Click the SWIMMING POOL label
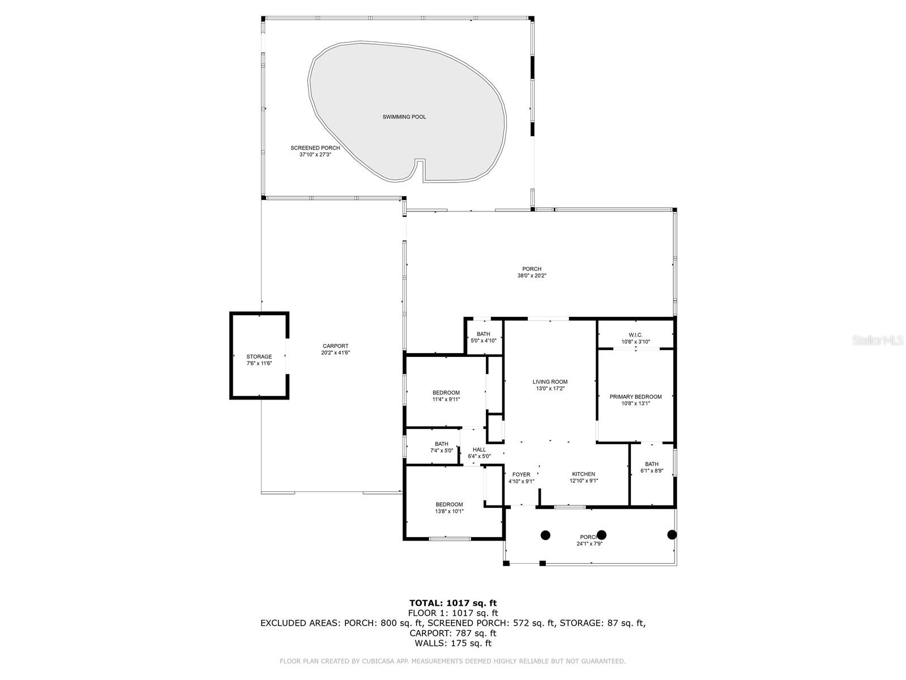[x=404, y=117]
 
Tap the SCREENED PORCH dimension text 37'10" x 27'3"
[x=315, y=154]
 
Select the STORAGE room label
[x=259, y=356]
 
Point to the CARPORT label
[x=336, y=346]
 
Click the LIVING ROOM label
[x=550, y=382]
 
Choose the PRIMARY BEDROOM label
[x=635, y=397]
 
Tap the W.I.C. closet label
[x=635, y=335]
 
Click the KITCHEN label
[x=583, y=474]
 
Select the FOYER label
[x=521, y=474]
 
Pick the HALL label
[x=479, y=449]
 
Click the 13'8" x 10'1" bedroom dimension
[x=449, y=511]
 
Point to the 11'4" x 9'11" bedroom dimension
[x=446, y=399]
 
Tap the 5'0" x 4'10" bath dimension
[x=484, y=341]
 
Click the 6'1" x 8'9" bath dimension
[x=652, y=471]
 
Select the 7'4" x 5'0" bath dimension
[x=442, y=451]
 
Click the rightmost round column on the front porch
[x=672, y=534]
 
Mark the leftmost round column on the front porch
[x=546, y=534]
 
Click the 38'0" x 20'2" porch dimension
[x=532, y=276]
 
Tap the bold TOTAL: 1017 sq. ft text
[x=452, y=603]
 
